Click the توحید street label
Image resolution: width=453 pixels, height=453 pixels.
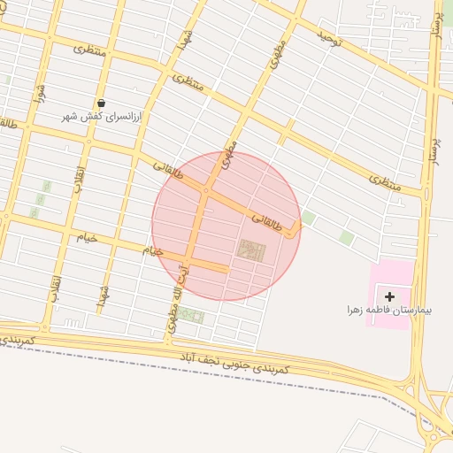(329, 38)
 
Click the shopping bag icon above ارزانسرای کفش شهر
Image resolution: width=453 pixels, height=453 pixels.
(102, 104)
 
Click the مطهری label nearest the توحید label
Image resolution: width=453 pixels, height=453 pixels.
(280, 55)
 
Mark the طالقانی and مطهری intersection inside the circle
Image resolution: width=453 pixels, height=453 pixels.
(206, 189)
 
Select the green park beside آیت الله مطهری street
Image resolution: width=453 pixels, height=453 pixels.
(191, 316)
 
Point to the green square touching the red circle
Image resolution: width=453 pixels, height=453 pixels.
(308, 217)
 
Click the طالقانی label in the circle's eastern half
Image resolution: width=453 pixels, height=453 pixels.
(272, 221)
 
